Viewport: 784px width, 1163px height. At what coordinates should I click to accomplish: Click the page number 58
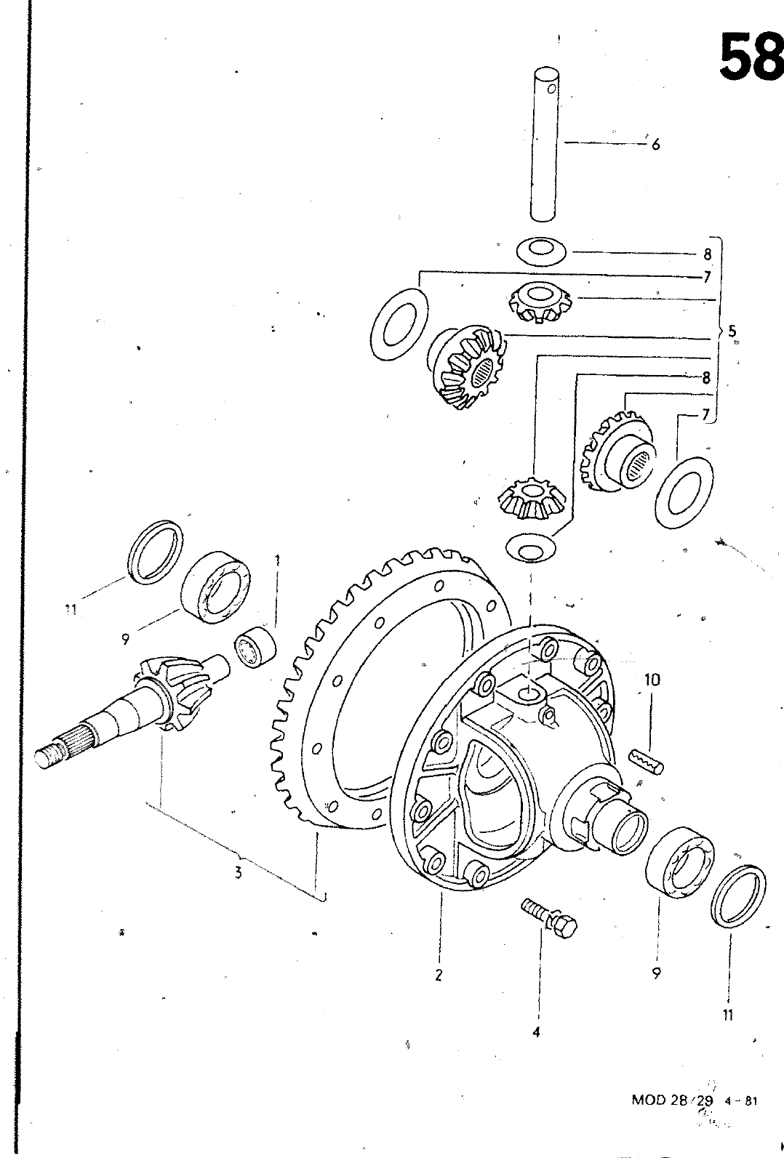click(751, 57)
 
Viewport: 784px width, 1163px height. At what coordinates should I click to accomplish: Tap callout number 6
click(655, 145)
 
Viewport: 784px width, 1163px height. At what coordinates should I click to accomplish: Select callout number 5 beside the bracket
click(732, 331)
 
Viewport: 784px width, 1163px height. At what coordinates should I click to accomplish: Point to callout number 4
click(537, 1031)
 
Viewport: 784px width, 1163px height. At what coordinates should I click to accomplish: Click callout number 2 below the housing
click(439, 975)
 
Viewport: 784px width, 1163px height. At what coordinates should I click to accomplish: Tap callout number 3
click(238, 872)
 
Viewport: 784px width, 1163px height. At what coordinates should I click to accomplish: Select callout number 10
click(652, 680)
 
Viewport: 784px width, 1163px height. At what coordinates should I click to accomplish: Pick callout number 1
click(277, 560)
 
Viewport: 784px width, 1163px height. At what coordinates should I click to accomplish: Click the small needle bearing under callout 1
click(255, 646)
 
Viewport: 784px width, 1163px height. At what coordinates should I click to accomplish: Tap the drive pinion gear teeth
click(172, 691)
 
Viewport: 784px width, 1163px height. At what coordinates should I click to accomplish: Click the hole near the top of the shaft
click(553, 91)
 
